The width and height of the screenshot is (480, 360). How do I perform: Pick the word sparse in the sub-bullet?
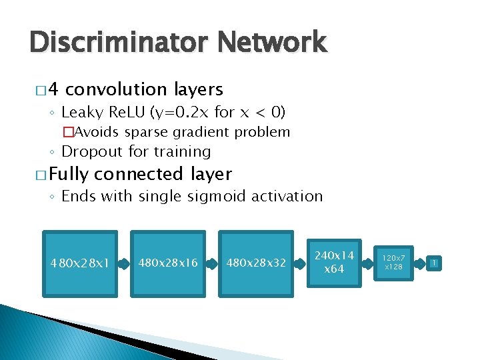(x=150, y=132)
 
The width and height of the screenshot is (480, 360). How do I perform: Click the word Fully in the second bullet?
(x=69, y=175)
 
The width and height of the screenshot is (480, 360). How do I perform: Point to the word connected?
(x=139, y=175)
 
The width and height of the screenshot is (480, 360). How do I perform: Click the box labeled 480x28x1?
(x=80, y=263)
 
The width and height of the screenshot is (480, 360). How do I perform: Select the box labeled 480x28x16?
(x=169, y=263)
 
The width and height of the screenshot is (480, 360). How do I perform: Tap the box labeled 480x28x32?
(x=257, y=263)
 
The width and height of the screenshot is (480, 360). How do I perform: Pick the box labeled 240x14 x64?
(x=334, y=263)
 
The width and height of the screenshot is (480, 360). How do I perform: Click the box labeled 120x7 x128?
(x=393, y=263)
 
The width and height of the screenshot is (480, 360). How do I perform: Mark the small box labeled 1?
(x=433, y=263)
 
